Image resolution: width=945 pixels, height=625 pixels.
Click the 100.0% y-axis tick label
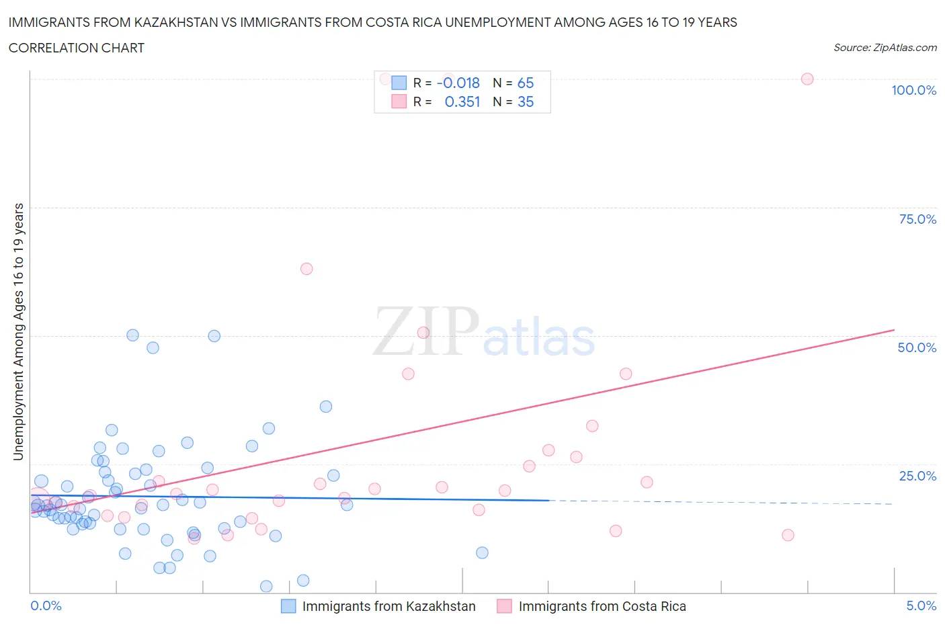pos(913,90)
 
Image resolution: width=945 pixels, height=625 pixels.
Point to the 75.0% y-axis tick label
pos(917,219)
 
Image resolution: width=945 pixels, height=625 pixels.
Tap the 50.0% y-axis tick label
pos(917,347)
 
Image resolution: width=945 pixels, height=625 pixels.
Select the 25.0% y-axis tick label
pos(917,476)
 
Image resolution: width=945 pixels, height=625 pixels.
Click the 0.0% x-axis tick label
pos(46,606)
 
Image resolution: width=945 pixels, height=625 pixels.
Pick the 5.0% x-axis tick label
pos(921,606)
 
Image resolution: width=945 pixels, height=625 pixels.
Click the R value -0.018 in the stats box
pos(458,83)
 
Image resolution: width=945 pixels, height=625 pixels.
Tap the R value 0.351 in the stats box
pos(462,101)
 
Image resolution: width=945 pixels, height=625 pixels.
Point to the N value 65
pos(525,83)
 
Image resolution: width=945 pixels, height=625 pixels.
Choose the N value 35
pos(525,101)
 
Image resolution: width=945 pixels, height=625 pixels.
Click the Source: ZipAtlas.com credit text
pos(885,47)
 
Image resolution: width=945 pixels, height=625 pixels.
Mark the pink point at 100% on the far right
pos(807,79)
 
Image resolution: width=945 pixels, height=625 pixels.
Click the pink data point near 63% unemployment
pos(306,269)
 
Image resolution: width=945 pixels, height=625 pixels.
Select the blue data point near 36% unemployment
pos(326,407)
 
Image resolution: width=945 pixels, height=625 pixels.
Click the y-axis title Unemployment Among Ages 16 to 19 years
pos(18,332)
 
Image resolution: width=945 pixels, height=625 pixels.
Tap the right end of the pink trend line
pos(894,330)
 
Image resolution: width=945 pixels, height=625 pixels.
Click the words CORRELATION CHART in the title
pos(77,48)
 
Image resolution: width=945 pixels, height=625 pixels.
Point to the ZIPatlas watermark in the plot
pos(484,332)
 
